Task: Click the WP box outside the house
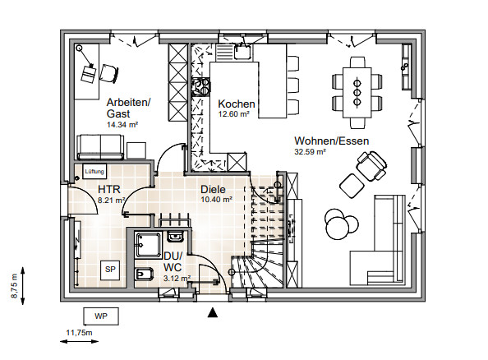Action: pyautogui.click(x=101, y=316)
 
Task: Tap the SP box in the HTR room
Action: pyautogui.click(x=110, y=270)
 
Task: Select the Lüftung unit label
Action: pyautogui.click(x=94, y=171)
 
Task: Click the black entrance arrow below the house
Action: pyautogui.click(x=213, y=312)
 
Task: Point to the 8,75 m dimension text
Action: pyautogui.click(x=14, y=286)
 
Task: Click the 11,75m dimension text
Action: pyautogui.click(x=79, y=333)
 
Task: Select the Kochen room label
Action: pyautogui.click(x=237, y=104)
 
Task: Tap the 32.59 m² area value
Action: pyautogui.click(x=310, y=152)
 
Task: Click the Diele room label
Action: pyautogui.click(x=213, y=189)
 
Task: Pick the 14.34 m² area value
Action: pyautogui.click(x=122, y=125)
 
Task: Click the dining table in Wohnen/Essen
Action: pyautogui.click(x=357, y=93)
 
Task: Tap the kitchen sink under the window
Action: pyautogui.click(x=242, y=52)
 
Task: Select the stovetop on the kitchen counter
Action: pyautogui.click(x=200, y=86)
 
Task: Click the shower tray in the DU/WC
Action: pyautogui.click(x=149, y=246)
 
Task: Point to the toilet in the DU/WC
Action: pyautogui.click(x=144, y=274)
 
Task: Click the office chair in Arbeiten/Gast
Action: pyautogui.click(x=109, y=73)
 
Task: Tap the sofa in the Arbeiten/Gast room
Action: pyautogui.click(x=100, y=147)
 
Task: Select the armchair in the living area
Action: pyautogui.click(x=371, y=166)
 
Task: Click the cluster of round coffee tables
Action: pyautogui.click(x=341, y=224)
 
